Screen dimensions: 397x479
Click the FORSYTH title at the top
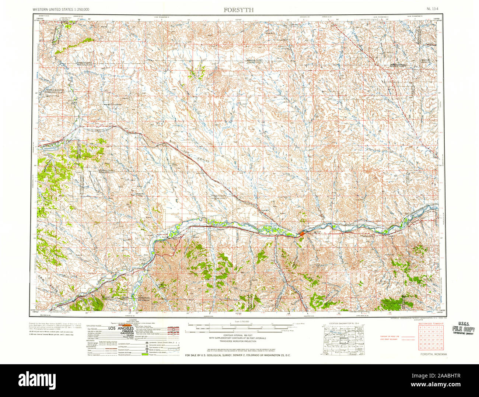(x=238, y=10)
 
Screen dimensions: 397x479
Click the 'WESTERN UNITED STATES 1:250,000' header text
(x=60, y=9)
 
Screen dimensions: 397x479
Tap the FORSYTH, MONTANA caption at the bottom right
(x=433, y=354)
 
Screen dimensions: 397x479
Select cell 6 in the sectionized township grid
(x=420, y=327)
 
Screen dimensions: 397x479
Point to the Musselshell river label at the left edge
(x=49, y=148)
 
